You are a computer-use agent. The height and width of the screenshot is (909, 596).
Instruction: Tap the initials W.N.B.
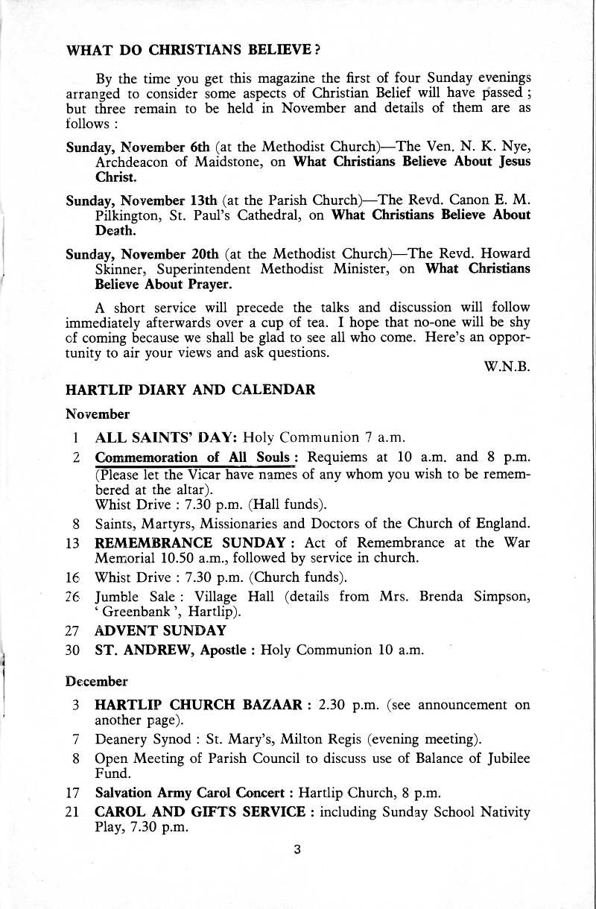[510, 367]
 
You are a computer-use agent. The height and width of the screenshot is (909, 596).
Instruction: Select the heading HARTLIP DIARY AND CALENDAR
[191, 390]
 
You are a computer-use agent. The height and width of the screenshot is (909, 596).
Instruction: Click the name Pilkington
[134, 215]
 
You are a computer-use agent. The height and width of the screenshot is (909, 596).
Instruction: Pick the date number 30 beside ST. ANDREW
[73, 649]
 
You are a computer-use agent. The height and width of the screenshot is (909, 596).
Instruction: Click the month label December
[97, 681]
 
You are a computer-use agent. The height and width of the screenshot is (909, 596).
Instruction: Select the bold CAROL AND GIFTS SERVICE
[200, 812]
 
